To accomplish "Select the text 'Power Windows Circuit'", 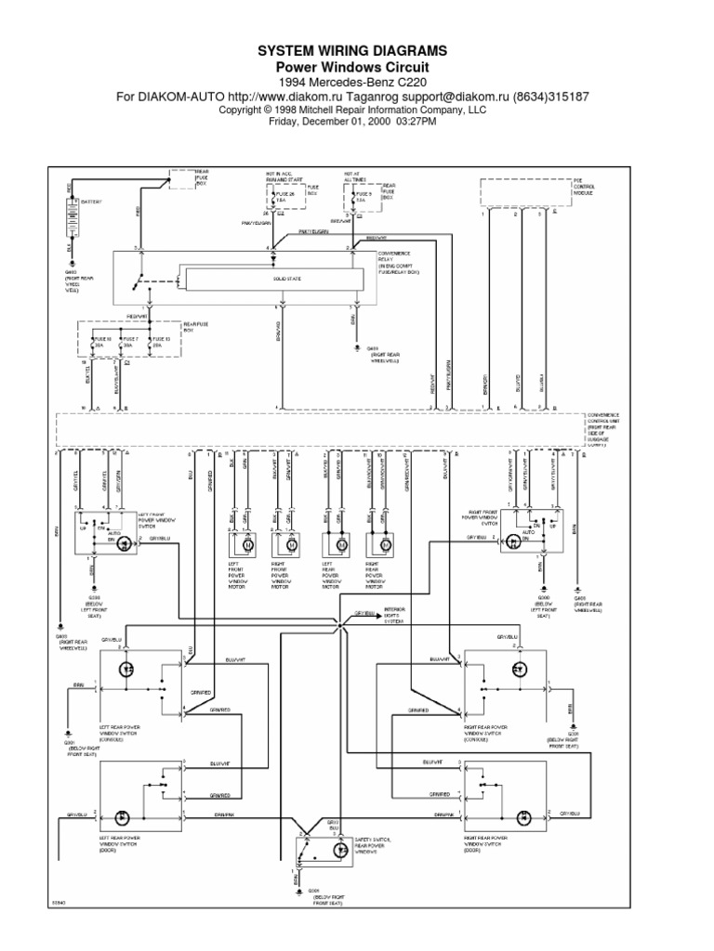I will (357, 67).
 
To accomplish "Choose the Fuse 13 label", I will (159, 341).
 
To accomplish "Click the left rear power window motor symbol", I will (340, 546).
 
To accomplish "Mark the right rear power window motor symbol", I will (385, 546).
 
